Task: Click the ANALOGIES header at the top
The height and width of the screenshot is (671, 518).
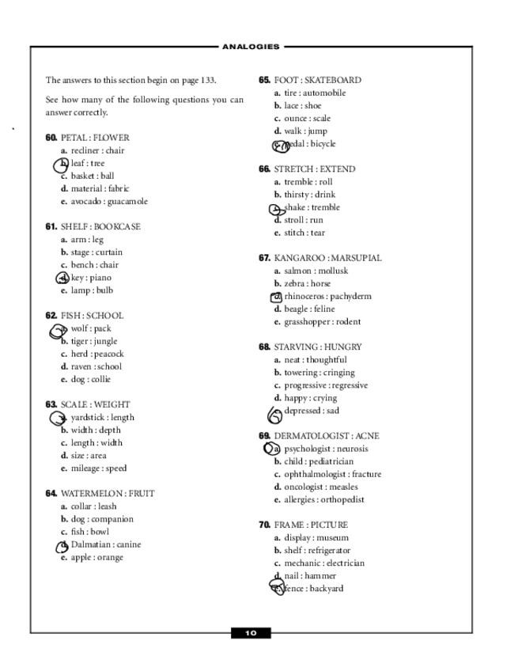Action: (x=251, y=47)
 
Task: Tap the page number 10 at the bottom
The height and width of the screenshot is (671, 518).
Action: (x=251, y=633)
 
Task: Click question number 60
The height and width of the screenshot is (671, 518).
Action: (x=51, y=138)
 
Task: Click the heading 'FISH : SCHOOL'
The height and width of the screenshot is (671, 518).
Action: (x=92, y=316)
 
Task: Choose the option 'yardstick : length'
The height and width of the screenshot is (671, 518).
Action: (x=102, y=418)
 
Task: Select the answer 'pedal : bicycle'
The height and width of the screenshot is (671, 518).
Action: (x=309, y=144)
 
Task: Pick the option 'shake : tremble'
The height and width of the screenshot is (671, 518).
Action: (x=312, y=207)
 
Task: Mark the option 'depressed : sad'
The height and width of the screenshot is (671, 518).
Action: (x=312, y=411)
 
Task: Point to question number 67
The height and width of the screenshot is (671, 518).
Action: (x=264, y=258)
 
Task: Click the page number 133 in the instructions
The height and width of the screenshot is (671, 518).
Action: (x=208, y=80)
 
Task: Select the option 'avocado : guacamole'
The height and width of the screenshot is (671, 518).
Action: (x=109, y=202)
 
